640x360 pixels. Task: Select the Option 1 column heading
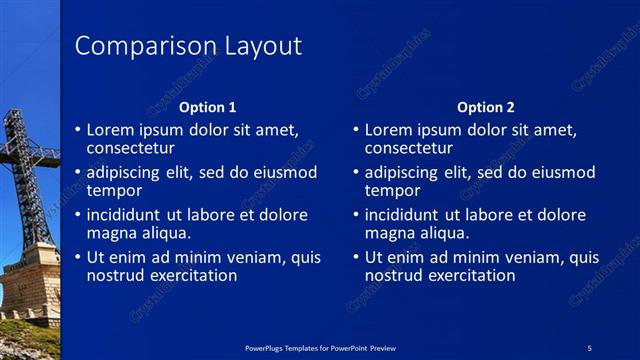tap(208, 107)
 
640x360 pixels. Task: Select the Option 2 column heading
tap(486, 107)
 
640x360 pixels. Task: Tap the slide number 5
tap(590, 347)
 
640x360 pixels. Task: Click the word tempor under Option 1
tap(114, 191)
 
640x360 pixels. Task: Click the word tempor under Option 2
tap(392, 191)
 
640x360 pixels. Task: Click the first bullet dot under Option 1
tap(78, 130)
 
